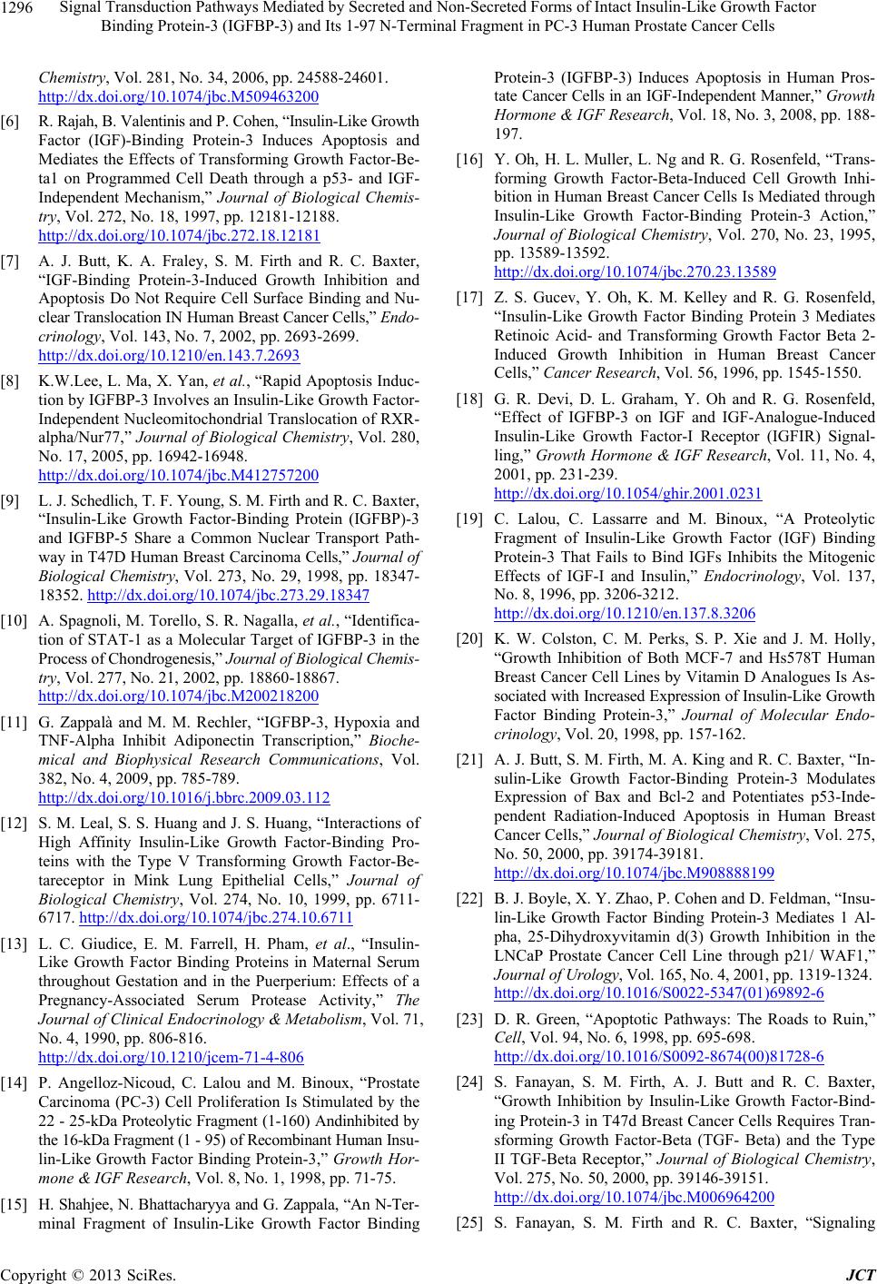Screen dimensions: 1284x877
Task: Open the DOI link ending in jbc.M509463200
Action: click(x=178, y=94)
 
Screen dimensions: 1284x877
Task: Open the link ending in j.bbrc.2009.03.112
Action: click(x=183, y=798)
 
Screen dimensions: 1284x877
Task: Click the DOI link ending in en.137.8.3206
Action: click(x=625, y=614)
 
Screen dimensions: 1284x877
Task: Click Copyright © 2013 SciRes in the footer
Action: click(x=87, y=1273)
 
